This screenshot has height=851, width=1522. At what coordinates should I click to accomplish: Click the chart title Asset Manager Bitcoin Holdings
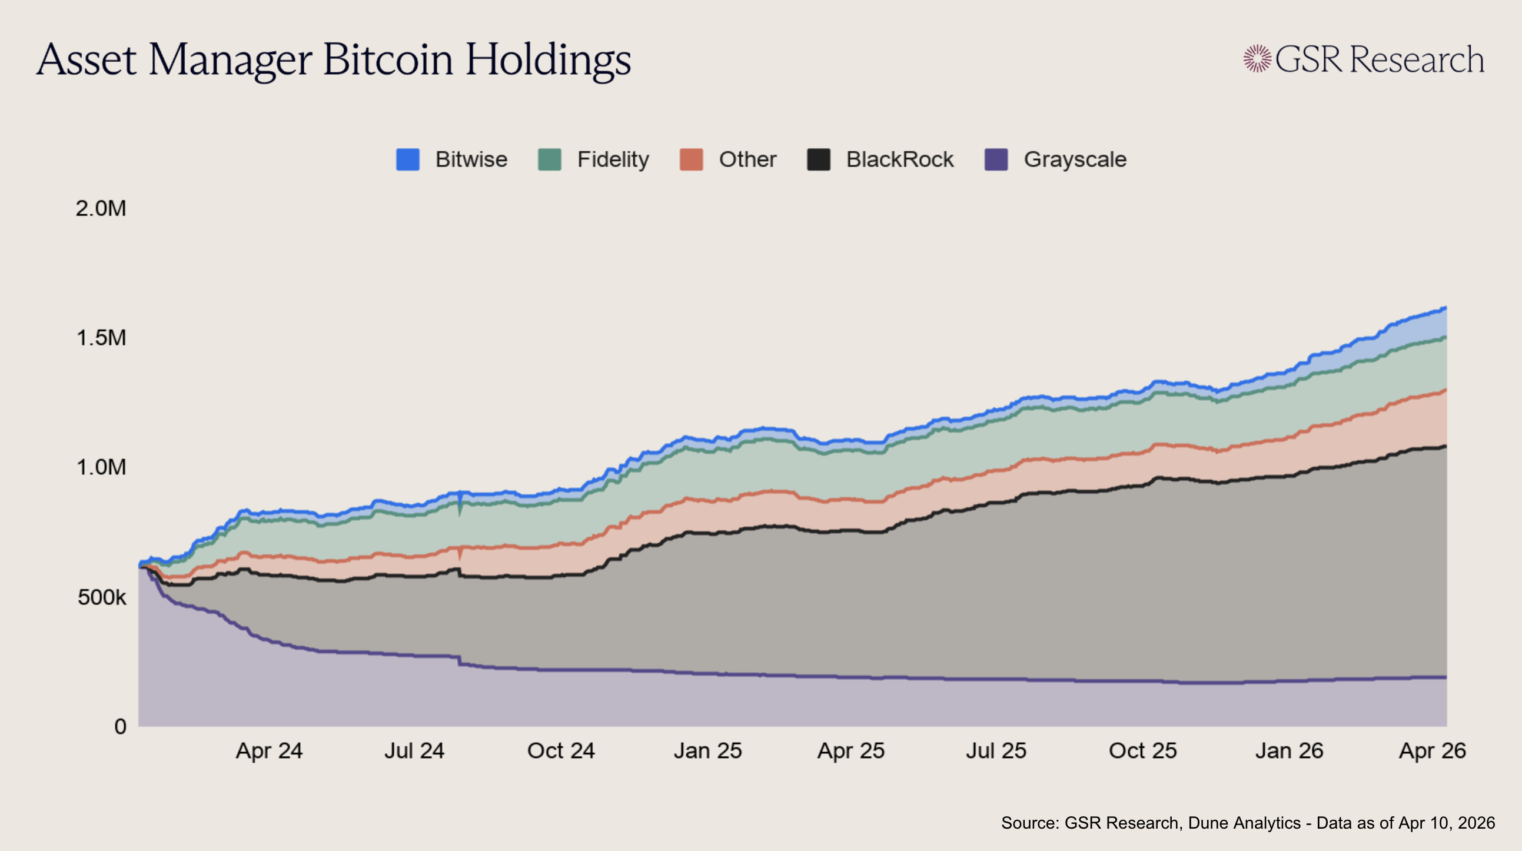[x=334, y=60]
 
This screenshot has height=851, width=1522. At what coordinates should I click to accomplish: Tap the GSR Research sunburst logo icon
[x=1257, y=59]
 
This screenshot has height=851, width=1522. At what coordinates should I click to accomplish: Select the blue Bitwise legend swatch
[x=408, y=159]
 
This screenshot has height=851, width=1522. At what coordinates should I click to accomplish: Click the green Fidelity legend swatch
[x=550, y=159]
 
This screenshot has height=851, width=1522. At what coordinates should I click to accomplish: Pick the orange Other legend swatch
[x=692, y=159]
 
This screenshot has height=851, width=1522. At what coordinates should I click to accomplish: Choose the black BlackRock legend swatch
[x=818, y=159]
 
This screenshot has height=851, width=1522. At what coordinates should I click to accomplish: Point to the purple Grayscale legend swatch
[x=996, y=159]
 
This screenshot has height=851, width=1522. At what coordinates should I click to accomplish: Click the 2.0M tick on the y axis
[x=101, y=208]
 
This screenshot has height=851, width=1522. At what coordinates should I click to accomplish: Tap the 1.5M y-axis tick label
[x=101, y=338]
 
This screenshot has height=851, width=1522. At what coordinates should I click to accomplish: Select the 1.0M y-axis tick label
[x=101, y=467]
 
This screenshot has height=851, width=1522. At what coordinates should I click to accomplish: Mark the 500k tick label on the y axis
[x=102, y=597]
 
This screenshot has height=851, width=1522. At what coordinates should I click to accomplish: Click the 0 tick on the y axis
[x=121, y=726]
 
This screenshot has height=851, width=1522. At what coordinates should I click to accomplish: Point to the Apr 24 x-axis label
[x=269, y=751]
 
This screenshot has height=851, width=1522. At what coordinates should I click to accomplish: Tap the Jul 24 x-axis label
[x=414, y=751]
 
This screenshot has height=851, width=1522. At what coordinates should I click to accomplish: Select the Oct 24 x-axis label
[x=561, y=751]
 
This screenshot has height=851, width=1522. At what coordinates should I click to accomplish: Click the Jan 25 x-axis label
[x=707, y=751]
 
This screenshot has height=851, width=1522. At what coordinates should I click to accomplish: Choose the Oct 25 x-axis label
[x=1143, y=751]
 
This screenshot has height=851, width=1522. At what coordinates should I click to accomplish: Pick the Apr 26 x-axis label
[x=1432, y=751]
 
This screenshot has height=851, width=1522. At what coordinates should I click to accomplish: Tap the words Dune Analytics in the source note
[x=1244, y=823]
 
